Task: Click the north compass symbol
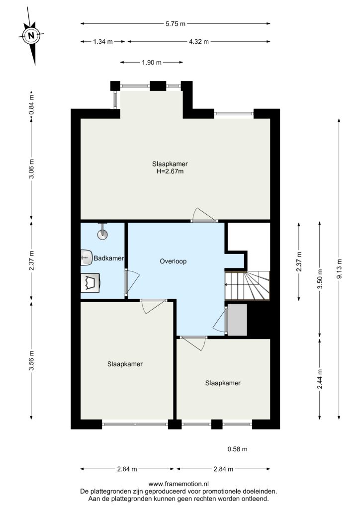[31, 36]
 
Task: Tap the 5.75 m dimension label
[176, 23]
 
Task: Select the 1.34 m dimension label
[103, 42]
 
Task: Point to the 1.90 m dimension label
[152, 62]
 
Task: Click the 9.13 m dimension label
[340, 269]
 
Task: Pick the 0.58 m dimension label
[237, 449]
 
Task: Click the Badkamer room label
[109, 258]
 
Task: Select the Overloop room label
[173, 261]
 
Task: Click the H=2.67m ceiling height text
[170, 171]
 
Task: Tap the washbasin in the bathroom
[86, 258]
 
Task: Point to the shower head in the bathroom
[103, 232]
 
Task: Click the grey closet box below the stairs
[237, 320]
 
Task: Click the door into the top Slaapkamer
[203, 215]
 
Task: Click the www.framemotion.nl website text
[179, 484]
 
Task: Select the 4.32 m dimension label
[199, 42]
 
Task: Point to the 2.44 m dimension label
[320, 379]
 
